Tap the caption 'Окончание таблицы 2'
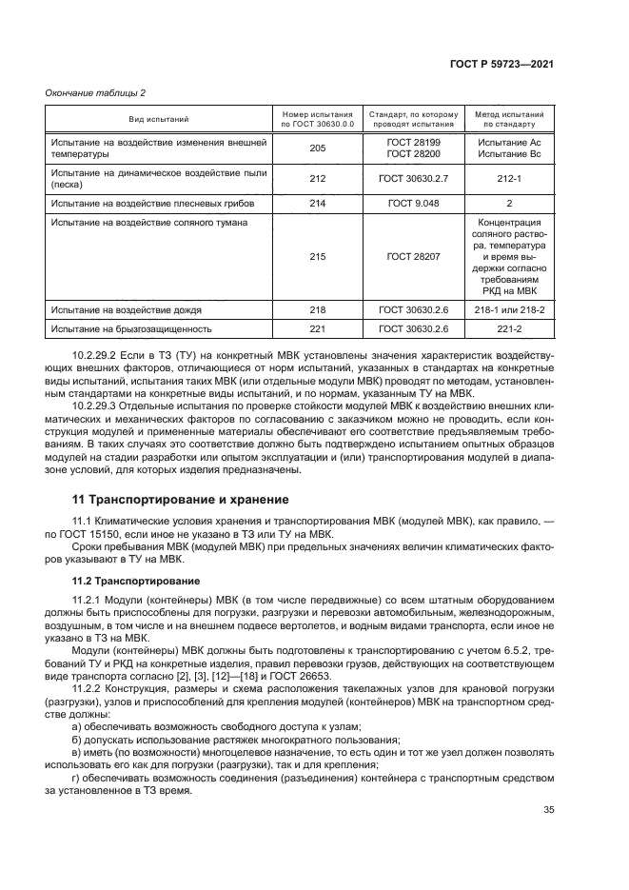pyautogui.click(x=95, y=92)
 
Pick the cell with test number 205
pyautogui.click(x=318, y=148)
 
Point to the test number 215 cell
pyautogui.click(x=318, y=256)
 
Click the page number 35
pyautogui.click(x=548, y=810)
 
